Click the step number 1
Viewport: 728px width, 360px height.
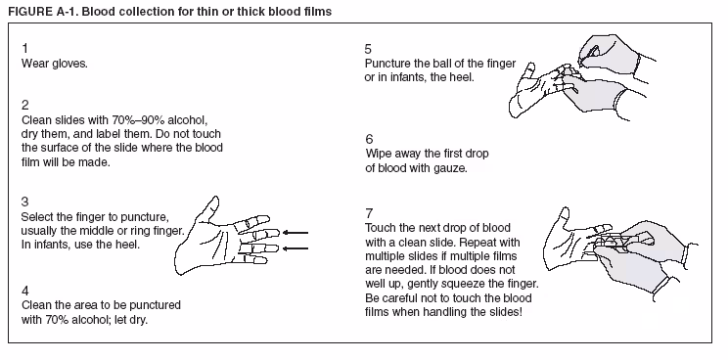click(x=24, y=48)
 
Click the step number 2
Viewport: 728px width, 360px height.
click(x=24, y=104)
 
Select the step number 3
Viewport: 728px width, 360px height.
click(x=24, y=202)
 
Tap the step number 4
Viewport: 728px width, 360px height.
click(x=24, y=290)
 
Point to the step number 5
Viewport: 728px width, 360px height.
click(x=368, y=48)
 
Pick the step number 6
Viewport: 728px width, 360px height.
click(x=368, y=139)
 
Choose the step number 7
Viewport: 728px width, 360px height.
click(x=368, y=212)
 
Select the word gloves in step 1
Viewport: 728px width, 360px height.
click(x=69, y=63)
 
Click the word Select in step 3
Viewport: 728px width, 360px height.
click(x=38, y=216)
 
